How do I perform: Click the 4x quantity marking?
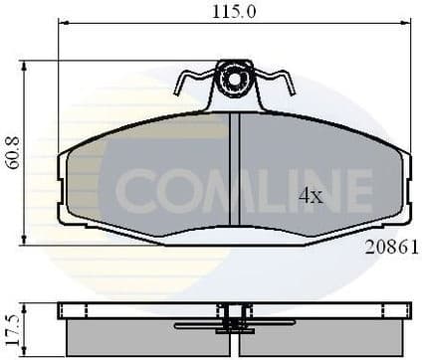click(x=311, y=196)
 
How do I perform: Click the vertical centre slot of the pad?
click(x=236, y=169)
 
